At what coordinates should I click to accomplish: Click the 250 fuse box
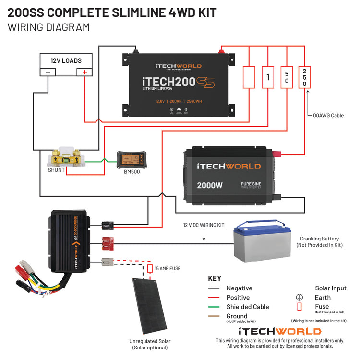point(304,77)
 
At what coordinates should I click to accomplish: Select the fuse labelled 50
point(286,77)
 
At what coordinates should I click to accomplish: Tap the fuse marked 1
point(268,77)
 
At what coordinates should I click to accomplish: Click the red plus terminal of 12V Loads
point(84,72)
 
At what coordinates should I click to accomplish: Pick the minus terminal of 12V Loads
point(48,72)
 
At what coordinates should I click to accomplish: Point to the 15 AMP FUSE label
point(168,268)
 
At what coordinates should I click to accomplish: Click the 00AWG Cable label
point(328,115)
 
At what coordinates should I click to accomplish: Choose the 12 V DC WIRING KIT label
point(204,225)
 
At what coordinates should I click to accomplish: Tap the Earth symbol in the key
point(300,298)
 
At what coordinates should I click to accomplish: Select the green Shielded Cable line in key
point(214,307)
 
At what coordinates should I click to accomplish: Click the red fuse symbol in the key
point(300,307)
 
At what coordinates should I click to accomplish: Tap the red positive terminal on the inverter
point(277,154)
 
